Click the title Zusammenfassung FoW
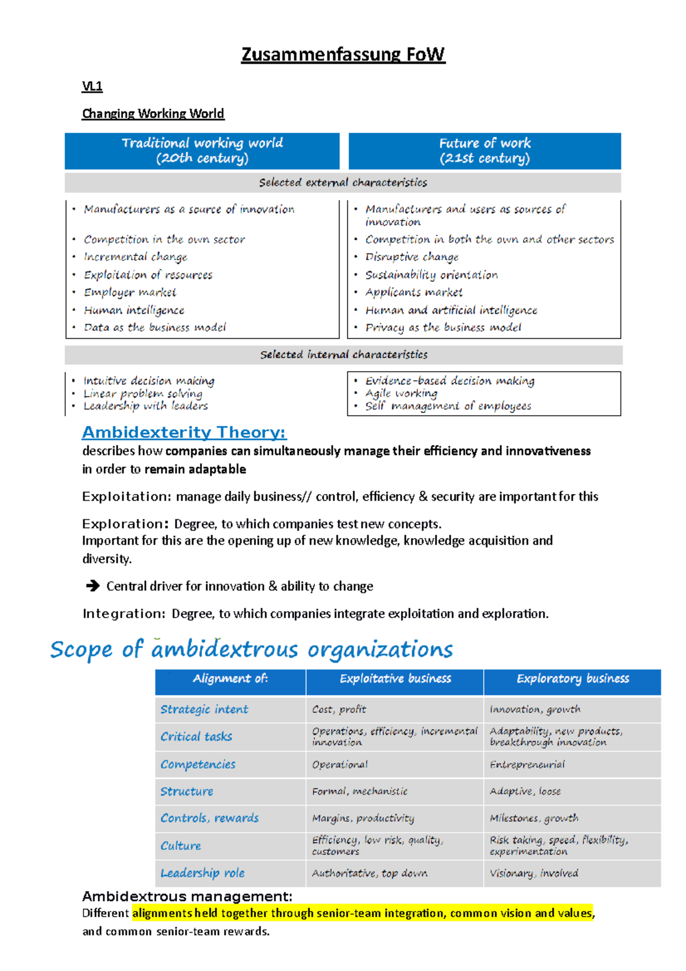point(342,55)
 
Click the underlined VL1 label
point(92,86)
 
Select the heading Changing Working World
point(153,114)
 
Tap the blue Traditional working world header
point(202,151)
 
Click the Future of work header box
point(484,151)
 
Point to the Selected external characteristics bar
point(342,183)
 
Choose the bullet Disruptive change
point(412,257)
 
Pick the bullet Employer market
point(130,293)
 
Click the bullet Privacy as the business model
point(443,328)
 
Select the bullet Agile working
point(401,393)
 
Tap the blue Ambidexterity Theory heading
point(184,432)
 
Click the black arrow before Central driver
point(92,586)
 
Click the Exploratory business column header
point(572,679)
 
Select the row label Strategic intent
point(204,710)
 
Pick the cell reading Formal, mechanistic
point(360,792)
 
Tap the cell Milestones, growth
point(534,819)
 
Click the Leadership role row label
point(202,874)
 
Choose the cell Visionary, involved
point(534,874)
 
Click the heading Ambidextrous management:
point(187,896)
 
